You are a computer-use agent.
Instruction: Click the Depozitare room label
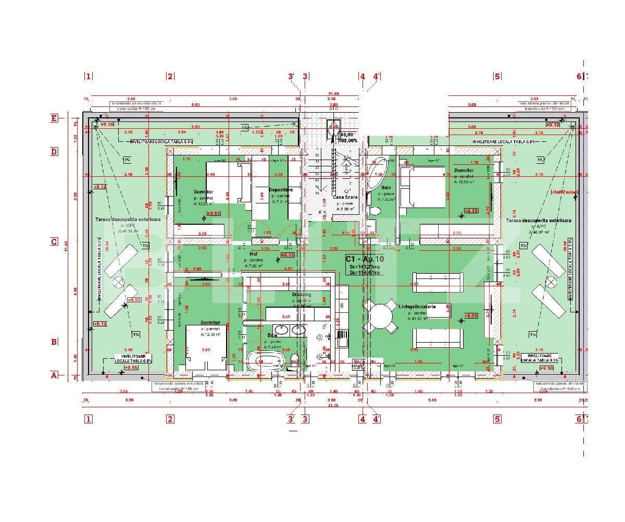(x=281, y=190)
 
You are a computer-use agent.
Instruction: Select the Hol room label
(x=254, y=254)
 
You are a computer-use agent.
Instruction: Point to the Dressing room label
(x=301, y=295)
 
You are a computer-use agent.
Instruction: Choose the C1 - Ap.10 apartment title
(x=365, y=258)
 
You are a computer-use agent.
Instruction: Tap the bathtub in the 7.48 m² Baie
(x=265, y=359)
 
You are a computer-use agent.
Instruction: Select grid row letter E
(x=54, y=118)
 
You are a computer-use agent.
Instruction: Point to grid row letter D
(x=54, y=152)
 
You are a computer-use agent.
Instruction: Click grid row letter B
(x=54, y=342)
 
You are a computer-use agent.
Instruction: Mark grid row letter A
(x=54, y=374)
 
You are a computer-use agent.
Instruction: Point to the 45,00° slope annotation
(x=348, y=134)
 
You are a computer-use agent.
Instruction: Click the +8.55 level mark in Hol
(x=287, y=255)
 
